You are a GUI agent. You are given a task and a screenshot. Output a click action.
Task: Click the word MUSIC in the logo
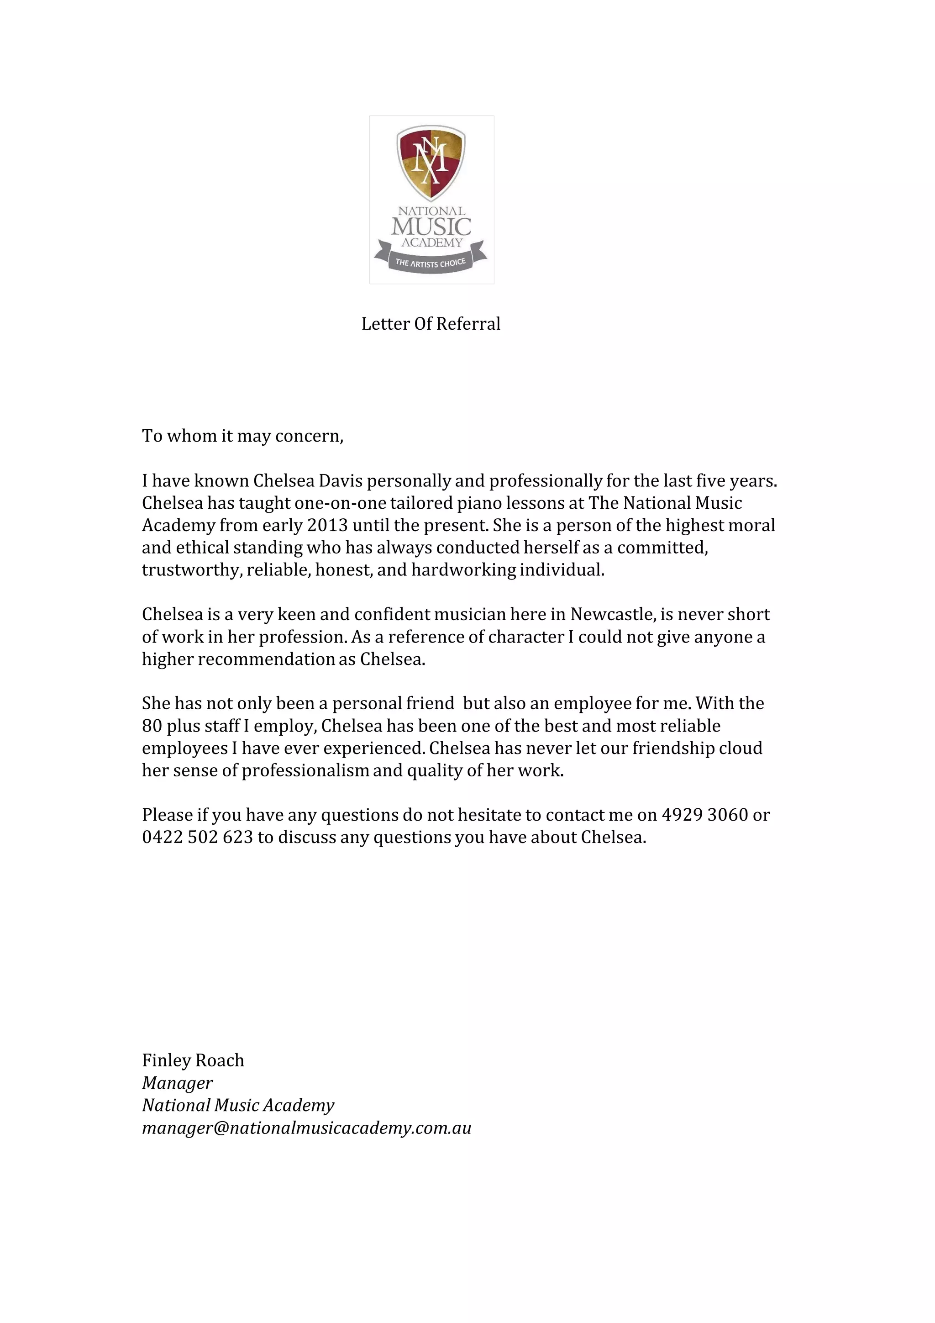point(431,227)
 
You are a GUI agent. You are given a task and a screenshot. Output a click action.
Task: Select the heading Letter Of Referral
point(431,324)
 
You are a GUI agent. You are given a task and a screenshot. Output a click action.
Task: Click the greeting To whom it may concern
point(242,436)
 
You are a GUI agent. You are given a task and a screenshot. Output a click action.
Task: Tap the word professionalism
point(305,770)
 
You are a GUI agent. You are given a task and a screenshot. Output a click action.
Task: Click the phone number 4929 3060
point(704,815)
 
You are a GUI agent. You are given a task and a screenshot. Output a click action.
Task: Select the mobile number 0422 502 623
point(198,837)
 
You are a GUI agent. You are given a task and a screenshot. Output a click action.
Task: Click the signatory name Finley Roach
point(193,1060)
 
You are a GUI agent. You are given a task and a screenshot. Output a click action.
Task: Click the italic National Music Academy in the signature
point(238,1105)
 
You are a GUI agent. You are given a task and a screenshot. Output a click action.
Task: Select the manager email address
point(306,1128)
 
